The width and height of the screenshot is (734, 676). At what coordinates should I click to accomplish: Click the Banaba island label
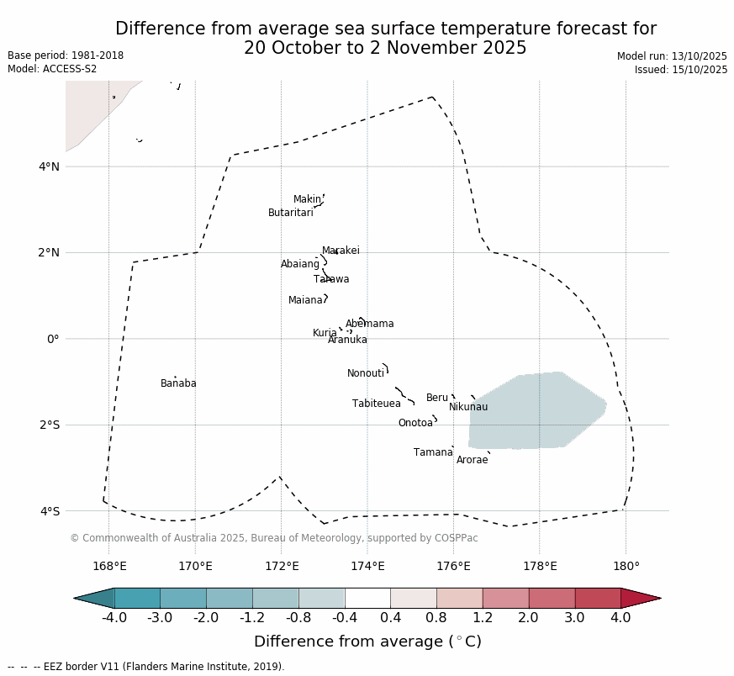[178, 383]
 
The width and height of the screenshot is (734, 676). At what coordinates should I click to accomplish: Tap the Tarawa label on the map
[331, 279]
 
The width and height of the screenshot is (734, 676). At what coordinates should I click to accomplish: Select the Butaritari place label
[290, 213]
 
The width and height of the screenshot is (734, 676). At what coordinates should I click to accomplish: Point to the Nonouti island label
[366, 373]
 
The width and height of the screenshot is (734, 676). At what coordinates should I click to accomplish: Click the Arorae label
[472, 460]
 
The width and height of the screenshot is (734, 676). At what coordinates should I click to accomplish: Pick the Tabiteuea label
[377, 404]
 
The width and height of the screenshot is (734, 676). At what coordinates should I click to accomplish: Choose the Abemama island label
[369, 324]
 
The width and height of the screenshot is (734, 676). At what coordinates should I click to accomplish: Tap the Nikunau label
[468, 407]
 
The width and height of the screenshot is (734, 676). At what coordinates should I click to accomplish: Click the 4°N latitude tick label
[50, 166]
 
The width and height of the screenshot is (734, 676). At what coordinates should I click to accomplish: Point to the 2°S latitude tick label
[50, 425]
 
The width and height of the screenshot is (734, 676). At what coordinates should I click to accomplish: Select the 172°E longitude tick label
[282, 566]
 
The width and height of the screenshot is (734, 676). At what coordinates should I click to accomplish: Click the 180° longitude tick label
[626, 566]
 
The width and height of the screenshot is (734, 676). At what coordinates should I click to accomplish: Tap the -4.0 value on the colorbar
[114, 618]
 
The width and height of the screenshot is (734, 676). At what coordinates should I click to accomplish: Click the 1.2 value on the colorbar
[483, 618]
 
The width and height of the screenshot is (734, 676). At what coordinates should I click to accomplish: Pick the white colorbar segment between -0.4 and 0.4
[367, 598]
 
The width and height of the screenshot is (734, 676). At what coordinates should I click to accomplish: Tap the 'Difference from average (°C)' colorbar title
[367, 642]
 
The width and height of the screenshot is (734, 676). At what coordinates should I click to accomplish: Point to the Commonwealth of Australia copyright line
[274, 538]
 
